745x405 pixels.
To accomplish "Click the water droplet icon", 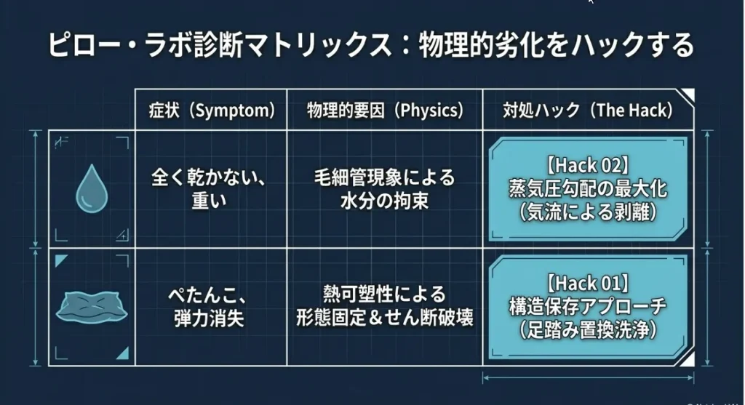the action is tap(92, 188).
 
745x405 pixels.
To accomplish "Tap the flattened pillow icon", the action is tap(92, 307).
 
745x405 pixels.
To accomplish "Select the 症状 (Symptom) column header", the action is tap(212, 110).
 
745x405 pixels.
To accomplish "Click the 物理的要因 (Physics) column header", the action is tap(385, 110).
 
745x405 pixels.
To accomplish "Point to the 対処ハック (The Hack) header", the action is tap(588, 110).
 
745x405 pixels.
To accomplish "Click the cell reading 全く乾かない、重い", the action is tap(208, 189).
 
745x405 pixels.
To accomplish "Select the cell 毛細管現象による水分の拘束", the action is tap(384, 189).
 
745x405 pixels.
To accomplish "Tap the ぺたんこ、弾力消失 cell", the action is tap(208, 307).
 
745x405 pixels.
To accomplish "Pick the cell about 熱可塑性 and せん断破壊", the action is tap(384, 307).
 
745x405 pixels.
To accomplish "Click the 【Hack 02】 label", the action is tap(588, 165).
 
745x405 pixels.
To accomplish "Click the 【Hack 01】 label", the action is tap(588, 283).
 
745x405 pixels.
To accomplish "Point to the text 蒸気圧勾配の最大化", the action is tap(588, 189).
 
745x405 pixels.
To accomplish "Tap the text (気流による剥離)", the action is tap(588, 212).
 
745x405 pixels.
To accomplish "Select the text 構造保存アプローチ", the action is tap(588, 306).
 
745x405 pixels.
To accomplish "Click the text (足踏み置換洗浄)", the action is tap(588, 329).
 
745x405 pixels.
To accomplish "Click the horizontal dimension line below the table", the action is tap(588, 378).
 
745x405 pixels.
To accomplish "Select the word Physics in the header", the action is tap(431, 111).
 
